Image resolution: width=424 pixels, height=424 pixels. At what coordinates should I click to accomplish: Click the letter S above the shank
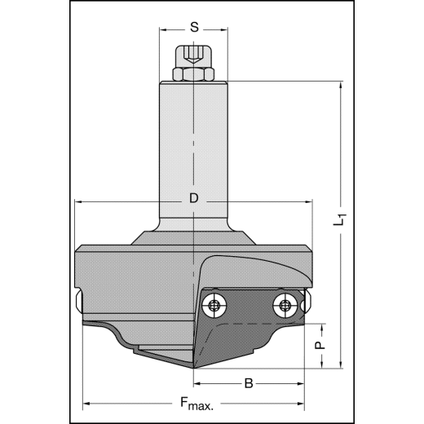pos(194,26)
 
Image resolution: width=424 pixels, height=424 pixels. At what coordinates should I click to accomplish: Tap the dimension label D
pos(193,199)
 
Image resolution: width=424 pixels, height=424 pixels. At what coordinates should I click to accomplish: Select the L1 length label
pos(342,219)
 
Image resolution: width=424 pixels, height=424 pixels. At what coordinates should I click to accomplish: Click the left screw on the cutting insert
pos(214,307)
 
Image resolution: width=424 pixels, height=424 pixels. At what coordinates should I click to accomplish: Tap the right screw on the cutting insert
pos(285,307)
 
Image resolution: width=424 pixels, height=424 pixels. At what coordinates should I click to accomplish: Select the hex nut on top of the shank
pos(194,74)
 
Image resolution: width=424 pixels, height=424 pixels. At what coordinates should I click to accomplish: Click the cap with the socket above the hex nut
pos(194,57)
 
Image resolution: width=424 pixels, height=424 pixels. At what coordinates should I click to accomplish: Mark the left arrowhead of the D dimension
pos(77,201)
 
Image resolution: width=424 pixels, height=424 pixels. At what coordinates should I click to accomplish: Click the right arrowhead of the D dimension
pos(310,201)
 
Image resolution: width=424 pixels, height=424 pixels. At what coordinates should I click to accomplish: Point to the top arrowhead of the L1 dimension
pos(337,85)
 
